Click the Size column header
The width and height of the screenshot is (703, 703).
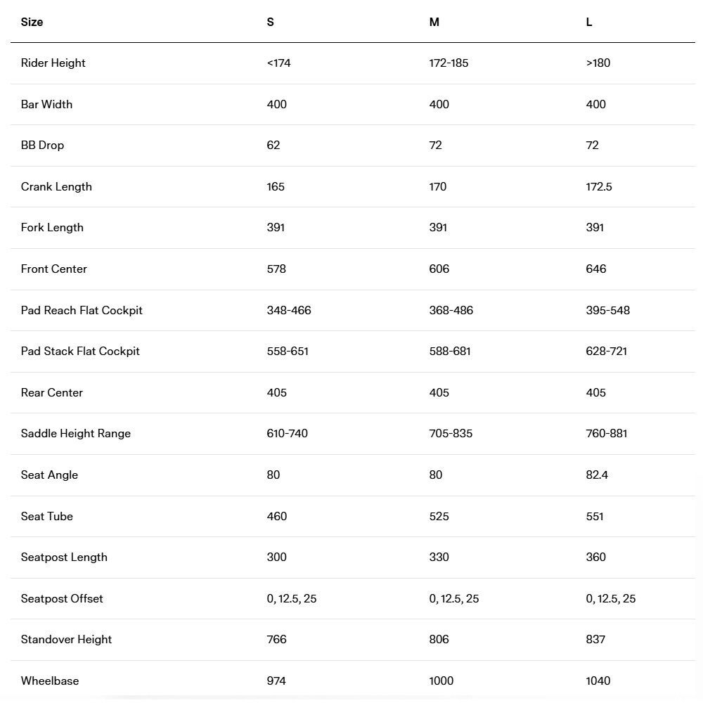32,22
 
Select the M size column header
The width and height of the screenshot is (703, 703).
434,22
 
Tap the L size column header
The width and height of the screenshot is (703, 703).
589,22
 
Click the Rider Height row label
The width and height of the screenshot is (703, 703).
53,63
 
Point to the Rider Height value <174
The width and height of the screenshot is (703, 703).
278,63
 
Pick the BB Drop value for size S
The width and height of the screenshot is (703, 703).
273,145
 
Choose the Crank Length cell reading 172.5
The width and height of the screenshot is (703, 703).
599,186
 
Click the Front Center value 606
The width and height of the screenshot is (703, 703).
439,269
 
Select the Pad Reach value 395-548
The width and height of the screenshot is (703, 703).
607,310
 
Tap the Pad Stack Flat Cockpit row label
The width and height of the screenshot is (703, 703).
80,351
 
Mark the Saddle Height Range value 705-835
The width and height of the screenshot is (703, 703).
451,433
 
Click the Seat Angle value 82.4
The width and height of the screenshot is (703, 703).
597,475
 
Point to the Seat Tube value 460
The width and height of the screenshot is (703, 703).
277,516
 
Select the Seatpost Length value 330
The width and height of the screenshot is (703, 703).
439,557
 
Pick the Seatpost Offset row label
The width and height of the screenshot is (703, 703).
62,598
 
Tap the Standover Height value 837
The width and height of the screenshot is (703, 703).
595,639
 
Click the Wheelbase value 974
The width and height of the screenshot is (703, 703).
276,681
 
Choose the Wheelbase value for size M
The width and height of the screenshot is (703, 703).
441,681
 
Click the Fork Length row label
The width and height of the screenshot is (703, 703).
52,227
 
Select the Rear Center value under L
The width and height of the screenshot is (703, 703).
595,392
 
